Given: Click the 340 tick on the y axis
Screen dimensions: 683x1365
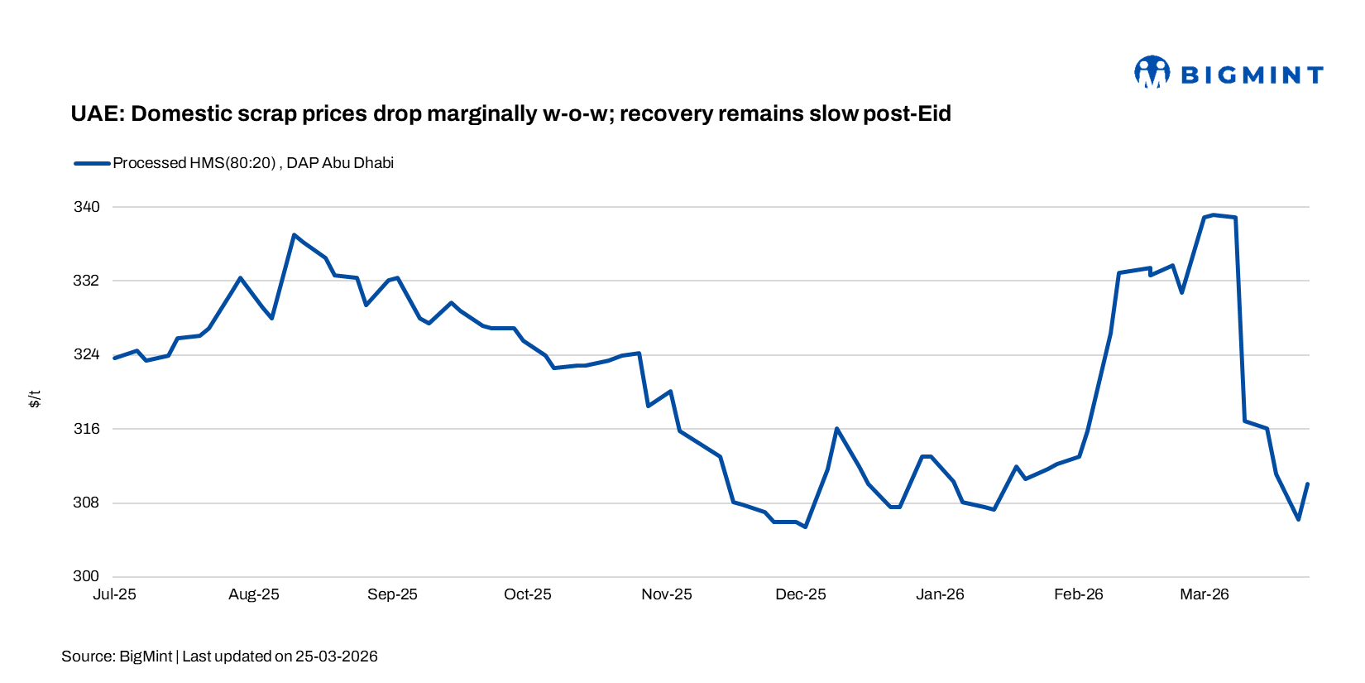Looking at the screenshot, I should [86, 207].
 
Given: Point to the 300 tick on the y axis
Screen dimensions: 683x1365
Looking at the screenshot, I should [86, 576].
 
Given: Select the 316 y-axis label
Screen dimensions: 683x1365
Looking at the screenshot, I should [86, 429].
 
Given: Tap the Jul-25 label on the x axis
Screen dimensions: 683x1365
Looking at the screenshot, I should [114, 594].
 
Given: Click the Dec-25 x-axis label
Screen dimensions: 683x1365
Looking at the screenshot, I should [800, 594].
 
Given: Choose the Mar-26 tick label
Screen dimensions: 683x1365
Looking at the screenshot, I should [1204, 594].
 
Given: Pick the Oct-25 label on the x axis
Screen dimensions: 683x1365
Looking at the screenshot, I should [527, 594].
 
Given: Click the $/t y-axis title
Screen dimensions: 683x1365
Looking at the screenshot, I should [34, 399].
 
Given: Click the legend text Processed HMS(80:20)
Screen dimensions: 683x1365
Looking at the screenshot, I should [194, 163].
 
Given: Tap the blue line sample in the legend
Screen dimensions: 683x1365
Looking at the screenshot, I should [92, 163].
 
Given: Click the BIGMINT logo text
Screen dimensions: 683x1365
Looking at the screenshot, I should [1252, 75].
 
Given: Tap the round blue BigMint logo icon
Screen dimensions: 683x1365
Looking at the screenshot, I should [1152, 72].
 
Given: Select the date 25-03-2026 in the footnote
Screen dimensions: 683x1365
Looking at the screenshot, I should [336, 657].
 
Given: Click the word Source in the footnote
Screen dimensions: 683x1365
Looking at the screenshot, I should [88, 657].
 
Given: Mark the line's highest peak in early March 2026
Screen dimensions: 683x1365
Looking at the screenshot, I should [1213, 215].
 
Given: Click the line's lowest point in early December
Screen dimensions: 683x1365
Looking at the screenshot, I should [805, 527].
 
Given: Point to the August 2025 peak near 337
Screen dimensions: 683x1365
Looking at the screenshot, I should [294, 235].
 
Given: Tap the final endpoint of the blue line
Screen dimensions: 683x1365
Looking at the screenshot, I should [1307, 484].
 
